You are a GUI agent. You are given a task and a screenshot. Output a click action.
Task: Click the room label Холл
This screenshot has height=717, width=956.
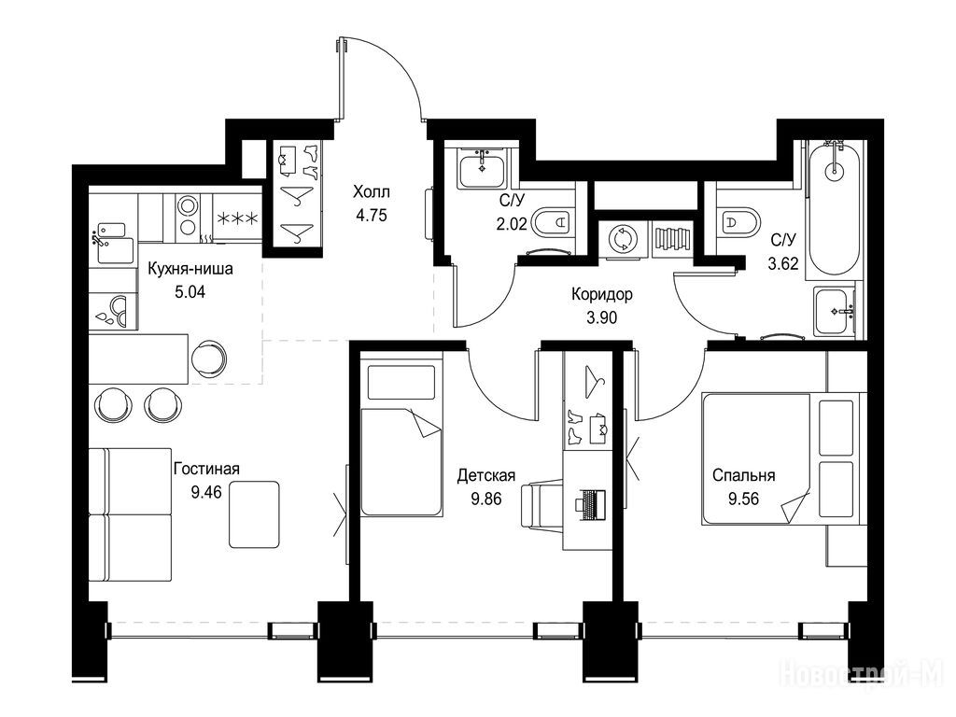(x=372, y=192)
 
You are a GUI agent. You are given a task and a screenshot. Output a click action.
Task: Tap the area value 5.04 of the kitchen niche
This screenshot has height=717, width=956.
(x=190, y=292)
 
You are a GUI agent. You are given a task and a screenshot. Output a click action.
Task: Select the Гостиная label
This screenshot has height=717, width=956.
(x=206, y=469)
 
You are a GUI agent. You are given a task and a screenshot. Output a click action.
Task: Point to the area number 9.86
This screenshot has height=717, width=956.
(x=485, y=499)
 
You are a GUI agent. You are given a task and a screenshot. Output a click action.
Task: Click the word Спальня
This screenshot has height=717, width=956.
(x=744, y=475)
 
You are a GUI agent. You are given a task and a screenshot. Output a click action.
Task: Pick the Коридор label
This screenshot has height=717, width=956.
(x=602, y=294)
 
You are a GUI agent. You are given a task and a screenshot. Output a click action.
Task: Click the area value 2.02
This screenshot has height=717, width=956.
(x=512, y=224)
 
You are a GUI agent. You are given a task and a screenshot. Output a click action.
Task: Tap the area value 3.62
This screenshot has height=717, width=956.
(x=783, y=263)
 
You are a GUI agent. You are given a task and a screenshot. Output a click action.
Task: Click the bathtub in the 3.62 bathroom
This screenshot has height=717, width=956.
(x=834, y=209)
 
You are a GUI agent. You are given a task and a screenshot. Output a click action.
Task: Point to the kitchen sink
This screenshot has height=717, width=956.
(x=113, y=245)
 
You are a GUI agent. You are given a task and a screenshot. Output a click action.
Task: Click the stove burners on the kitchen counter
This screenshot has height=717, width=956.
(x=187, y=216)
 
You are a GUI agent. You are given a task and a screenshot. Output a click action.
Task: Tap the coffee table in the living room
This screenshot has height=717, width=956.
(x=254, y=514)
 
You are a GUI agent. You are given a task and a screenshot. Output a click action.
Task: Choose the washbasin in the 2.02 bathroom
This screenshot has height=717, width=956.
(x=482, y=168)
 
